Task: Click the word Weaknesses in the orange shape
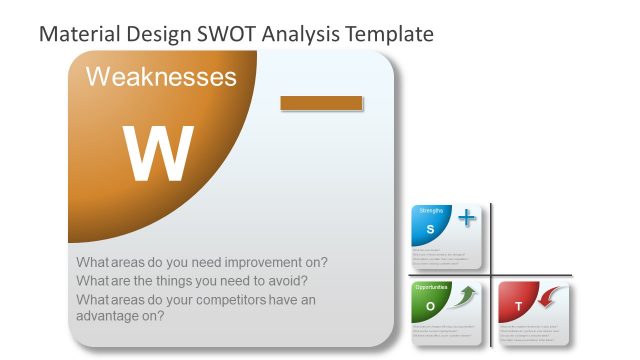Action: pyautogui.click(x=161, y=77)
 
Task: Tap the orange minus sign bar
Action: pyautogui.click(x=321, y=103)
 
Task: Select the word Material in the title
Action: pyautogui.click(x=79, y=34)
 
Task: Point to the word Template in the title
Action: pyautogui.click(x=389, y=34)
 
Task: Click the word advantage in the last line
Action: pyautogui.click(x=111, y=316)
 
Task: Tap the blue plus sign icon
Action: pyautogui.click(x=466, y=218)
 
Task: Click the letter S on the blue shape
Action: pyautogui.click(x=430, y=230)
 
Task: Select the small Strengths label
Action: pyautogui.click(x=431, y=210)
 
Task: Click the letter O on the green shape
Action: pyautogui.click(x=430, y=305)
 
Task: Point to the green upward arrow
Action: pyautogui.click(x=465, y=296)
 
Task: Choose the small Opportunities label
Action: pyautogui.click(x=432, y=287)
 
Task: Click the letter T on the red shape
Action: pyautogui.click(x=518, y=305)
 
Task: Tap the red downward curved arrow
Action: pyautogui.click(x=553, y=297)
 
